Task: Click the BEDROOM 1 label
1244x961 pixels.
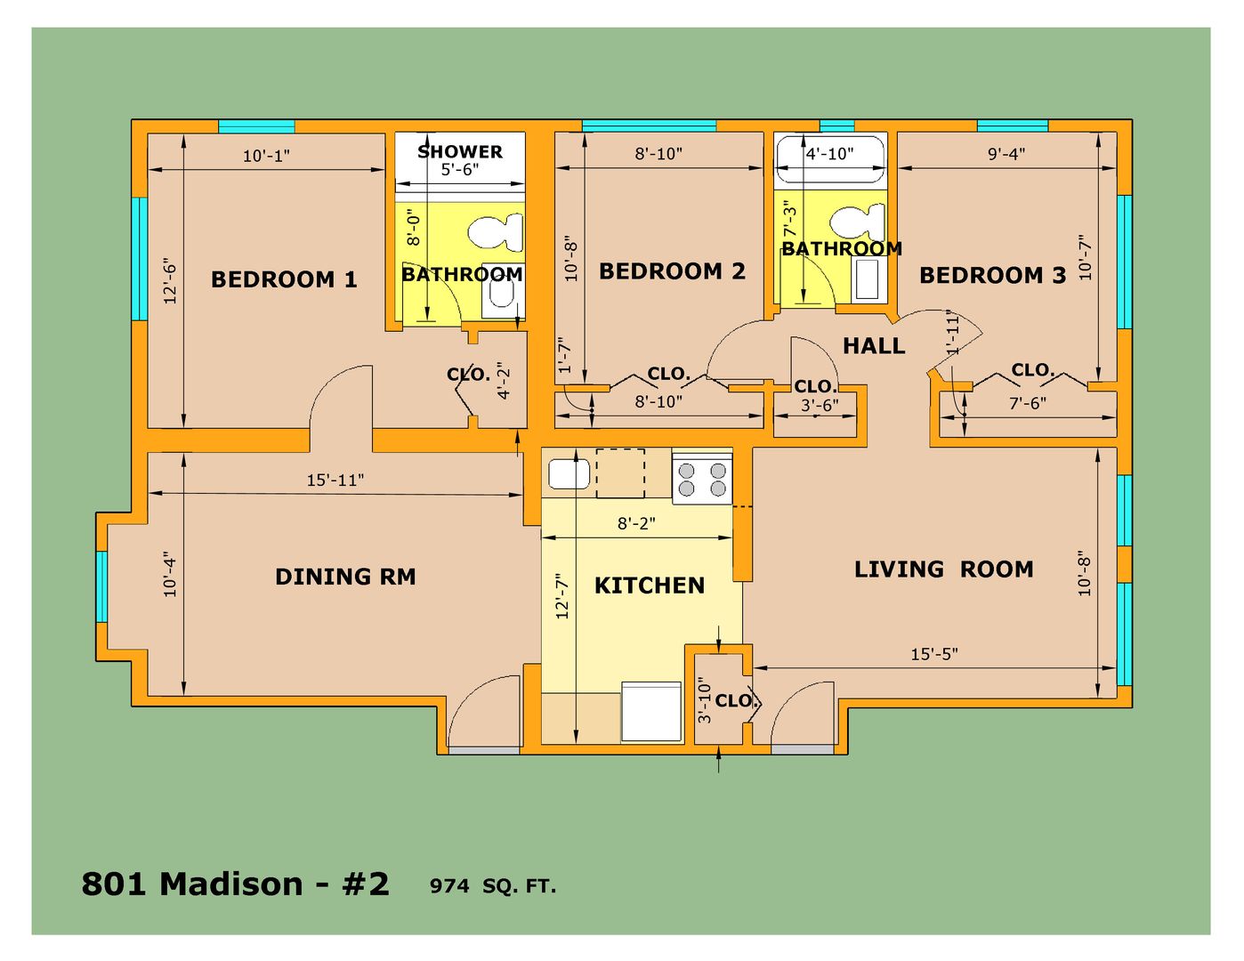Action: point(284,279)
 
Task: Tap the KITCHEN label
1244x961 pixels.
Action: point(650,585)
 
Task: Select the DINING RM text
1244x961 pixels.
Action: point(346,577)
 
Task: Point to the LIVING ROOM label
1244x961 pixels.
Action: point(944,569)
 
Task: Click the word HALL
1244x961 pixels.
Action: point(874,346)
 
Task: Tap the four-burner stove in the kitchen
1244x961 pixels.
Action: point(702,479)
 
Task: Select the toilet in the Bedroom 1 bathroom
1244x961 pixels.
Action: point(496,233)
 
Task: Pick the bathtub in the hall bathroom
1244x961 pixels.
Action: point(829,159)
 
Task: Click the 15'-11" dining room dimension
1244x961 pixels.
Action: point(335,480)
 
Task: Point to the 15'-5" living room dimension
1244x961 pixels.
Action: point(934,654)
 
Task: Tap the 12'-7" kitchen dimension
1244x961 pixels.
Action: point(562,596)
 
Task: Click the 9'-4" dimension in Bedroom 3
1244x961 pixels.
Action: point(1006,153)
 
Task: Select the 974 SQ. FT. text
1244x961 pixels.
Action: point(493,886)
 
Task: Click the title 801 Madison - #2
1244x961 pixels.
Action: point(235,884)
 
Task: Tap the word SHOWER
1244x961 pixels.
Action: point(460,151)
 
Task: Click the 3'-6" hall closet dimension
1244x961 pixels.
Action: point(820,405)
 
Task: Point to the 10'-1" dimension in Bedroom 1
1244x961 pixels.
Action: point(266,156)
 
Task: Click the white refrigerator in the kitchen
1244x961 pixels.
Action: point(651,712)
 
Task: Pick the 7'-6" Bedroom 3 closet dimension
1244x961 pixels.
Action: point(1028,403)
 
